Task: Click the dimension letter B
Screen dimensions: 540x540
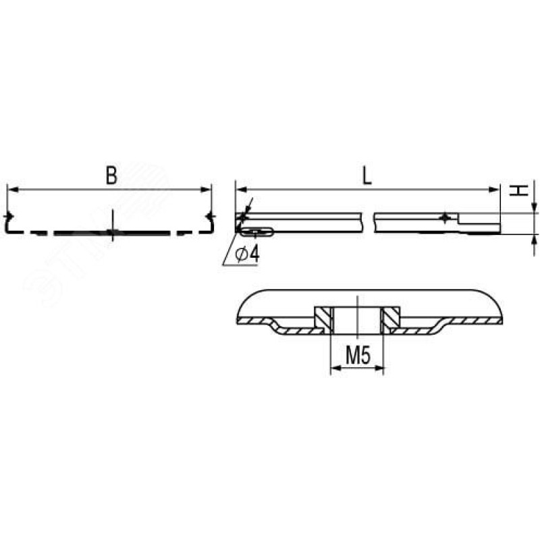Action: (x=111, y=175)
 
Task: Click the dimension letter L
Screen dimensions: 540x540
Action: (x=367, y=176)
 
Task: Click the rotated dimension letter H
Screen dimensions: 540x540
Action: (x=519, y=190)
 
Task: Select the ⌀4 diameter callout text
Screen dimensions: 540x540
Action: (x=247, y=254)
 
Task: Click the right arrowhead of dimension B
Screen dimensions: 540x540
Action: (x=206, y=189)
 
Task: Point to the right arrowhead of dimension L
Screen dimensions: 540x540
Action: (x=494, y=189)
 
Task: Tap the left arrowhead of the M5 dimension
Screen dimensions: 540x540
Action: (x=335, y=368)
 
